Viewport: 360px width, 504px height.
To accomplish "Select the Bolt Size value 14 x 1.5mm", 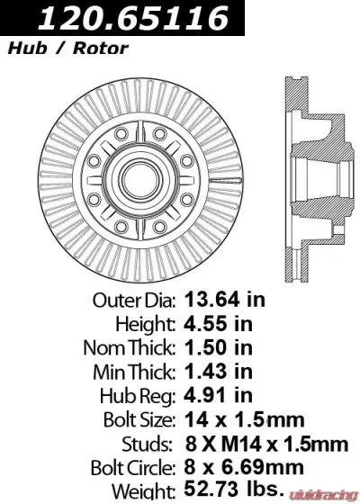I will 244,418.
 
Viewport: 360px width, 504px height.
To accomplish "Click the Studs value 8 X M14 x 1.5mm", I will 265,443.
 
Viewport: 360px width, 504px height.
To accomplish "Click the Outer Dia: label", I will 135,299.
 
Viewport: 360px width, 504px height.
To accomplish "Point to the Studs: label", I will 151,443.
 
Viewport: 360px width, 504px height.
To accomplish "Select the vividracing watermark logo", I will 321,493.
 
